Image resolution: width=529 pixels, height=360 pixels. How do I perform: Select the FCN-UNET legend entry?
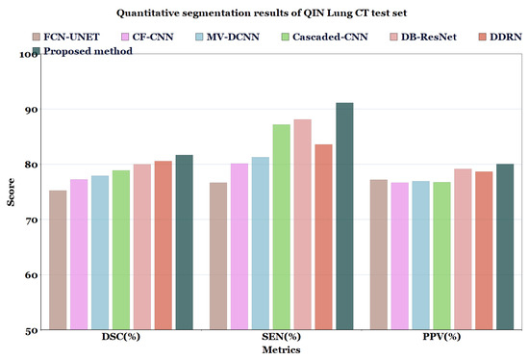point(72,37)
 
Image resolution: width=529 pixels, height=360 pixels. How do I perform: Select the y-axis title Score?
point(11,192)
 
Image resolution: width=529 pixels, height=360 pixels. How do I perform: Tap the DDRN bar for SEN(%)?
point(323,237)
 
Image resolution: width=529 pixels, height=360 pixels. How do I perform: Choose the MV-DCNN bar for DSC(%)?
point(100,252)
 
